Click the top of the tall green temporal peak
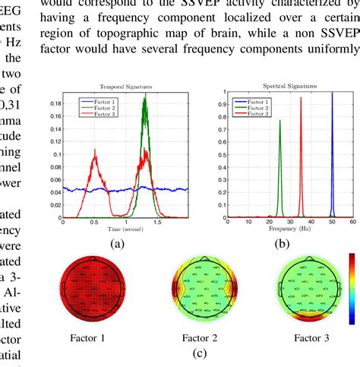coord(144,96)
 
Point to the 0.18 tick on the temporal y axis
coord(55,101)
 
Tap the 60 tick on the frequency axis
coord(352,221)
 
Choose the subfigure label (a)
coord(116,245)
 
